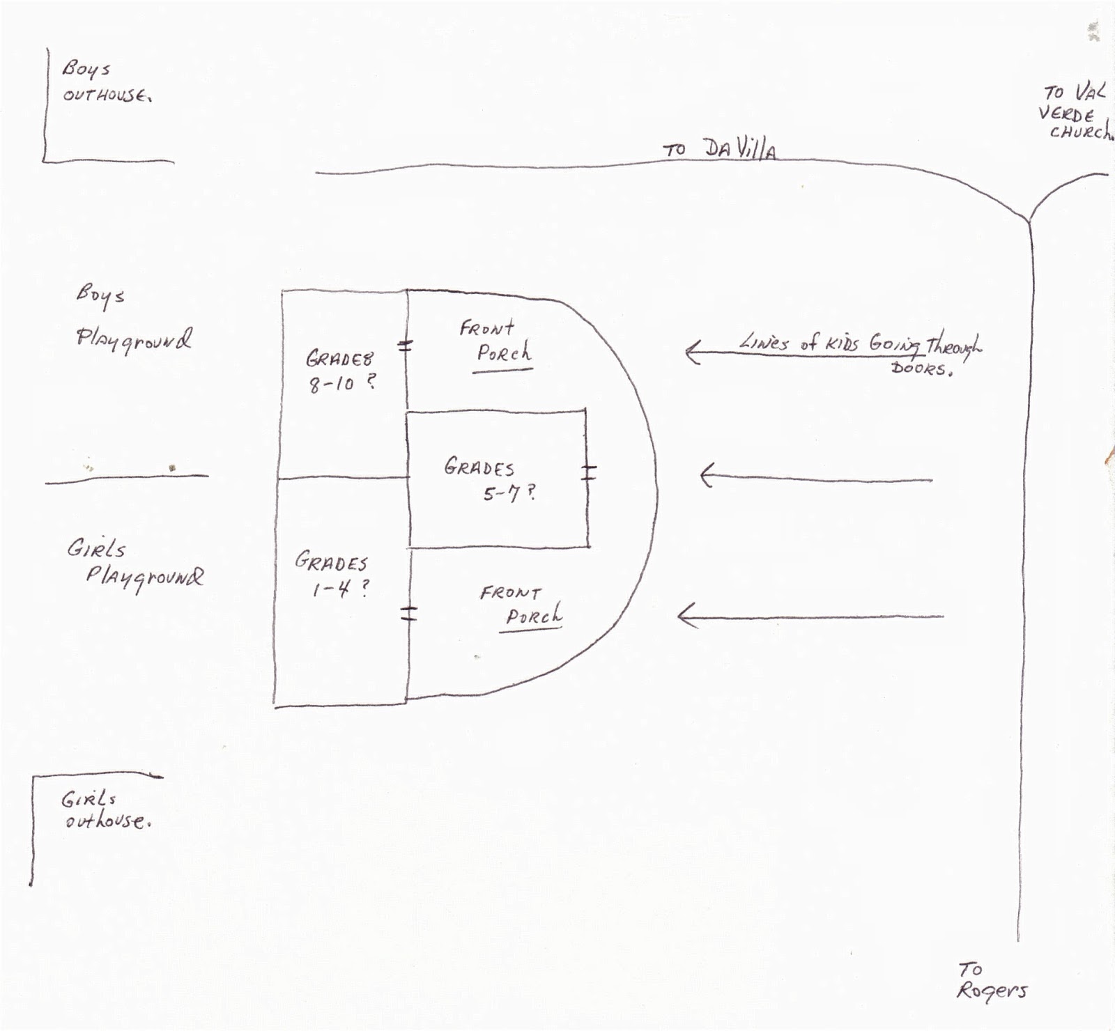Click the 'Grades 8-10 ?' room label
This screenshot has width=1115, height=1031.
click(341, 371)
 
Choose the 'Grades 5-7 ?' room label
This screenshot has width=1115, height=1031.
click(489, 480)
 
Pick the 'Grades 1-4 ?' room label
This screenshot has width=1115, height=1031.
click(332, 575)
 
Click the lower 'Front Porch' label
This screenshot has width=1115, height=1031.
click(521, 605)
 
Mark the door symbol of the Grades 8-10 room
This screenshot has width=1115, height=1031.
click(406, 345)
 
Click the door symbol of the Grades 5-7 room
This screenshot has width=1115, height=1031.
click(589, 472)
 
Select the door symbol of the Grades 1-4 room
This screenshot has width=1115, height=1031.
click(409, 613)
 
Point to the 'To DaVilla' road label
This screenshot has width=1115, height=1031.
click(719, 148)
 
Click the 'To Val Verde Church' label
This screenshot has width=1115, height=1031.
click(1075, 113)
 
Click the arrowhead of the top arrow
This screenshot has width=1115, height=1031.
click(691, 352)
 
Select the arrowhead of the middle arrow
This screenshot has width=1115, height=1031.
click(705, 476)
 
